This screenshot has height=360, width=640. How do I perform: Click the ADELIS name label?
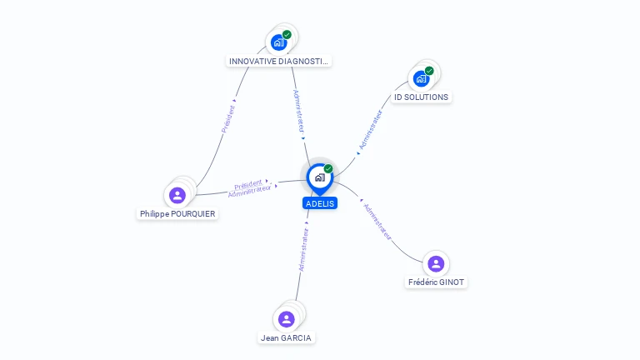tap(320, 203)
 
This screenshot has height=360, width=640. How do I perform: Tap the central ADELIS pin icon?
tap(319, 177)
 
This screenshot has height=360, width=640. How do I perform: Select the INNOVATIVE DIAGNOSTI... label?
tap(279, 62)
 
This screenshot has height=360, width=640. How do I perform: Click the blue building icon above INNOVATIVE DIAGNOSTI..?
tap(278, 42)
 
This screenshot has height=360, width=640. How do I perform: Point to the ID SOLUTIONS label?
tap(421, 97)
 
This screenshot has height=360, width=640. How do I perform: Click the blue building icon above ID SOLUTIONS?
tap(421, 78)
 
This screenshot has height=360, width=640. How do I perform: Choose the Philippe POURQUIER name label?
tap(177, 214)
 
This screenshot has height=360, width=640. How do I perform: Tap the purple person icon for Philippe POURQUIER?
tap(177, 195)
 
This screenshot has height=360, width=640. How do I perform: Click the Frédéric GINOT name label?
tap(436, 282)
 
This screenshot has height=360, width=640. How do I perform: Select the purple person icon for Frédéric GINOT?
tap(436, 264)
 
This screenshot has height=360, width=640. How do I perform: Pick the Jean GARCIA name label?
tap(287, 338)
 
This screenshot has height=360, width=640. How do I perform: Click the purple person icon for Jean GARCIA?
tap(287, 319)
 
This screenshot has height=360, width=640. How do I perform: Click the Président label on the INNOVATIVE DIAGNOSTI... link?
tap(227, 119)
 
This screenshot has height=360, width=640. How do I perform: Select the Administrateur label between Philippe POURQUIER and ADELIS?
tap(250, 191)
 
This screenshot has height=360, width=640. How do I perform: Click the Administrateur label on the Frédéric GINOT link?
tap(377, 221)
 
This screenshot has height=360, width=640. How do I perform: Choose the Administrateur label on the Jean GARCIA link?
tap(303, 249)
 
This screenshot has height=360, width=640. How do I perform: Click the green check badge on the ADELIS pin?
tap(328, 169)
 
